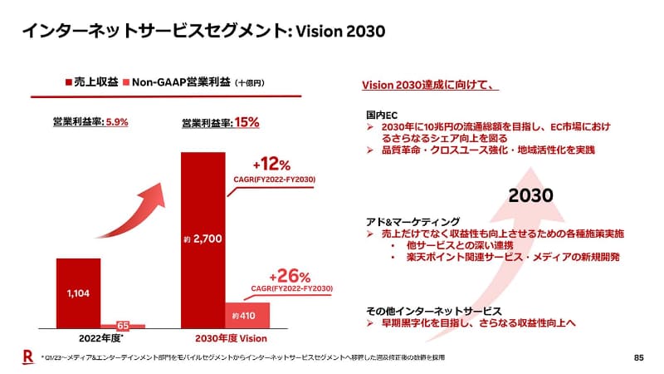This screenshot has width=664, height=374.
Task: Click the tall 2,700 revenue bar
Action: click(203, 241)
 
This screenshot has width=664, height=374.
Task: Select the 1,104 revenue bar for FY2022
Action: click(79, 293)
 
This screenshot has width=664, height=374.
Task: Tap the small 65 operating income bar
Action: click(123, 326)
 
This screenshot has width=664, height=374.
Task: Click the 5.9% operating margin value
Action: click(115, 122)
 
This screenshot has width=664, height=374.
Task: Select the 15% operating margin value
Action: click(247, 122)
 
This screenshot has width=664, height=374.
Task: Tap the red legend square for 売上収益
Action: click(68, 83)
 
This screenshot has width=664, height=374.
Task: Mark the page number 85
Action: click(638, 357)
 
